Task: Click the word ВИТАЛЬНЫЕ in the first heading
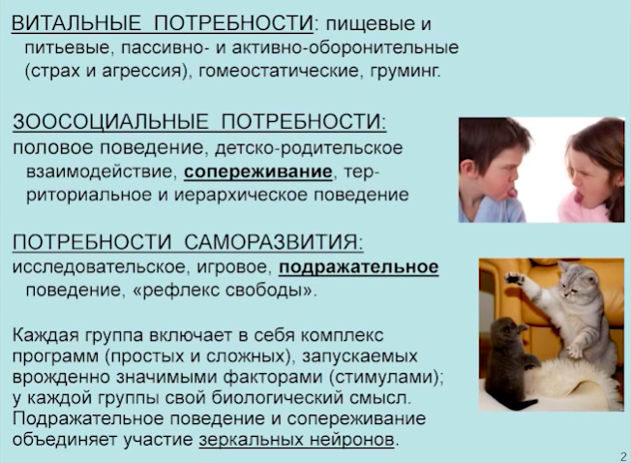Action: (76, 23)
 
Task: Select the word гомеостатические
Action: (279, 71)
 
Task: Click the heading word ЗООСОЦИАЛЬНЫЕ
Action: (110, 121)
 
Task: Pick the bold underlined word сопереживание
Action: (258, 171)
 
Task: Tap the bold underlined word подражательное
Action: (358, 267)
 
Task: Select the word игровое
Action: (231, 267)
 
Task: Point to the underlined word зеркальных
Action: (251, 439)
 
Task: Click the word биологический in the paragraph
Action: (277, 398)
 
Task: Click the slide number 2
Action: (623, 457)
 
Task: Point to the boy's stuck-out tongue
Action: (511, 193)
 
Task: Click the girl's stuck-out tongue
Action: (579, 197)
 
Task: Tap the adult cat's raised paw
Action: (515, 279)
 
